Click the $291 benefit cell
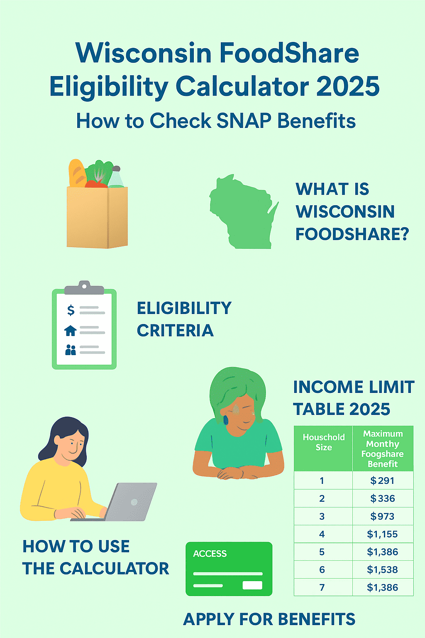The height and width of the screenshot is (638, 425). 382,481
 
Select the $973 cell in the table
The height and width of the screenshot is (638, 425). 382,516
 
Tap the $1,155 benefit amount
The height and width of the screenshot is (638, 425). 382,534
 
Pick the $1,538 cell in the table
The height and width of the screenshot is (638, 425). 382,569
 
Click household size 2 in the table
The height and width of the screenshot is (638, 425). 322,498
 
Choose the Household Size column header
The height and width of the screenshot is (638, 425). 323,442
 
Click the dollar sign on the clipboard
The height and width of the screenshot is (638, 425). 71,310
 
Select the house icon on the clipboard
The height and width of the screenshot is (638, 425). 71,331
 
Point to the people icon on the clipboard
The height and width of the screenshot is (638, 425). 71,350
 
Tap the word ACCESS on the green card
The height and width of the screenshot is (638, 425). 210,554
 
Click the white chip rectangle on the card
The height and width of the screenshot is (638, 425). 252,585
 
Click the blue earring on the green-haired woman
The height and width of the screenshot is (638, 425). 226,420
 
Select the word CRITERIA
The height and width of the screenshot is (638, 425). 175,331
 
